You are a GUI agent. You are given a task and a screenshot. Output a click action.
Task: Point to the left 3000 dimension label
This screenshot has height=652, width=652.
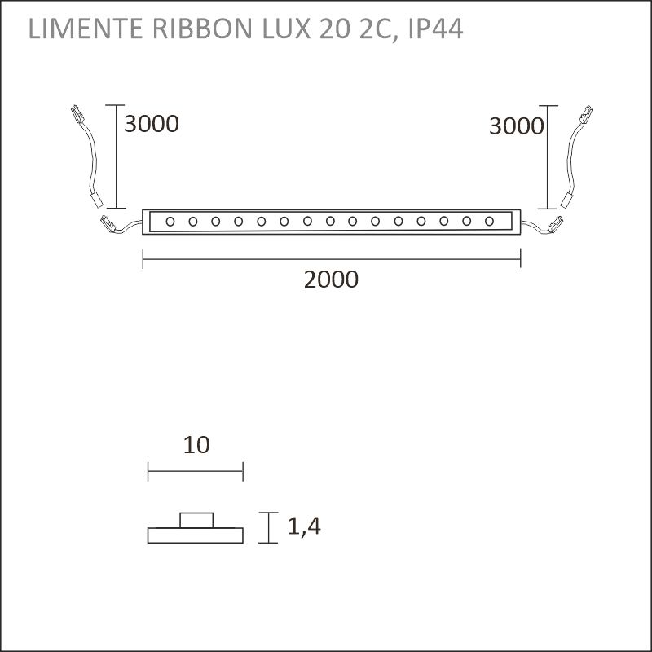tap(151, 124)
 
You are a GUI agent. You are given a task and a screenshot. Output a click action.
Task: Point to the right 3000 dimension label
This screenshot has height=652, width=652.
tap(516, 126)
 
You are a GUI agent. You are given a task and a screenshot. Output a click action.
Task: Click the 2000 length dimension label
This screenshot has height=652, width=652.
tap(331, 280)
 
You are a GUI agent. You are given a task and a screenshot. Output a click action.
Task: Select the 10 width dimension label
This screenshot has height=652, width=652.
tap(196, 445)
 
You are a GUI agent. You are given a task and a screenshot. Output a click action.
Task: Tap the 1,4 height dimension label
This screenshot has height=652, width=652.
tap(304, 527)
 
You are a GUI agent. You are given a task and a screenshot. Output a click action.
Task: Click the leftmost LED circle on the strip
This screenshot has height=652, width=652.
tap(170, 221)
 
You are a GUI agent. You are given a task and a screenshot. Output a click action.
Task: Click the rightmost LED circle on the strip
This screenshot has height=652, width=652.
tap(490, 221)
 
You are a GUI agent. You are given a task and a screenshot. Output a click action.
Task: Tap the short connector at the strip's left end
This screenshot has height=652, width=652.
tap(108, 222)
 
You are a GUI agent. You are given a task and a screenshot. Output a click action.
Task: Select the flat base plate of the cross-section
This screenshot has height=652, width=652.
tap(196, 535)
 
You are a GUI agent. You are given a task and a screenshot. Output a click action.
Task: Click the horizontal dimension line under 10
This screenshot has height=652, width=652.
tap(196, 469)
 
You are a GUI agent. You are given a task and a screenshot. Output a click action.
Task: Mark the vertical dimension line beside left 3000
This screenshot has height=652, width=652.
tap(118, 156)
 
